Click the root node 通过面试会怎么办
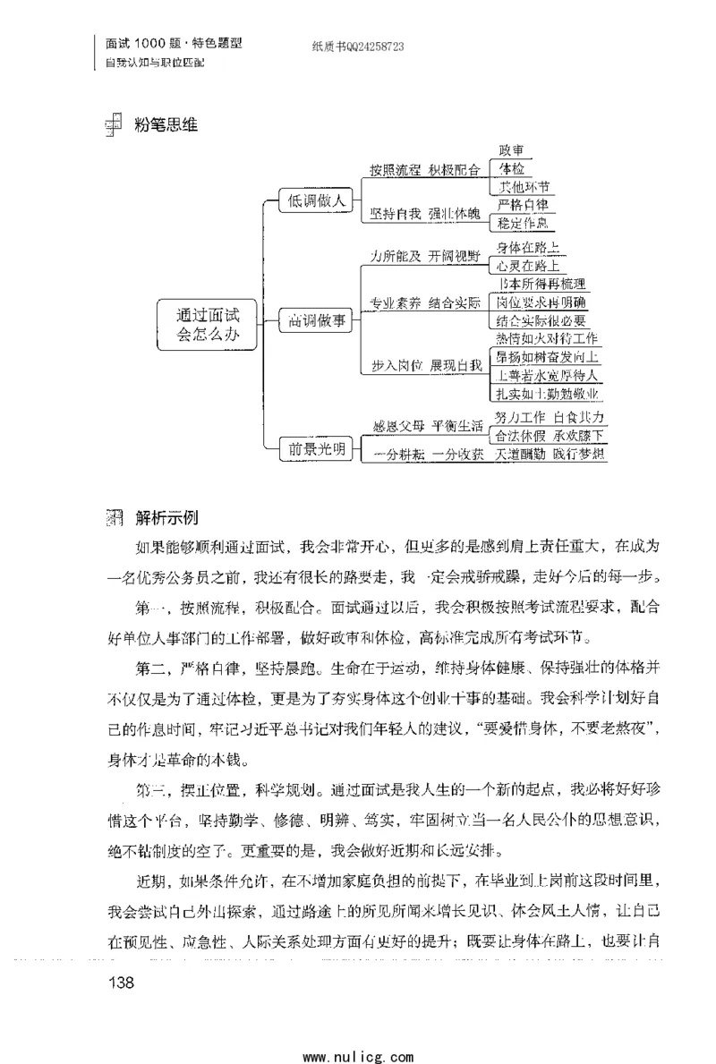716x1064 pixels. tap(208, 323)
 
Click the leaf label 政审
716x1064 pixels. tap(511, 150)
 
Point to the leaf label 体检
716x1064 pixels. tap(511, 169)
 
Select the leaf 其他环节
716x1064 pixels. tap(524, 188)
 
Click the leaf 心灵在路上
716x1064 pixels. tap(530, 266)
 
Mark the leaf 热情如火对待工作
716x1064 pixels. tap(547, 339)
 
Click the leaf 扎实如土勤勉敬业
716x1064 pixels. tap(547, 394)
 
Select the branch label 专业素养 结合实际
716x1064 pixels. tap(425, 303)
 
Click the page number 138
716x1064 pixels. tap(120, 984)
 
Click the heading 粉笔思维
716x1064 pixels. tap(164, 125)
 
